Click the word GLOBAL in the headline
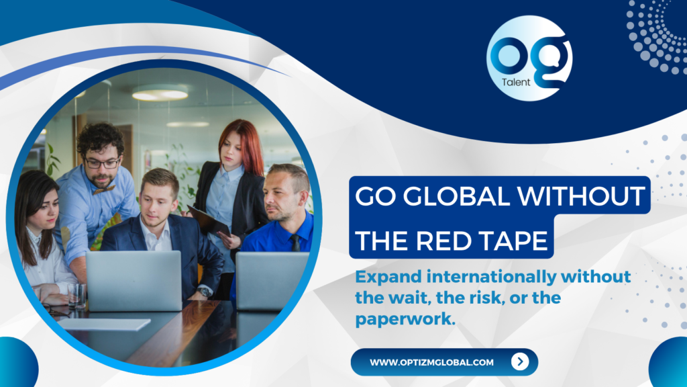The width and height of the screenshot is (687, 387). (x=456, y=196)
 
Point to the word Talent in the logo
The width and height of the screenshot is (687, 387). (x=516, y=82)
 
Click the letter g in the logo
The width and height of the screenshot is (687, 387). (x=553, y=61)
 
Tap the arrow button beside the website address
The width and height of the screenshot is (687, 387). (x=520, y=361)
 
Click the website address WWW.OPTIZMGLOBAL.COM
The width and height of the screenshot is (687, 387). (x=431, y=362)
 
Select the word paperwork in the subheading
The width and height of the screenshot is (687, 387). (x=405, y=319)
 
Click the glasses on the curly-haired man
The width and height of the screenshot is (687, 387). (x=102, y=163)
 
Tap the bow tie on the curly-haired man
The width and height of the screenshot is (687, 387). (x=104, y=189)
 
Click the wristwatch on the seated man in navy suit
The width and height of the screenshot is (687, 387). (x=204, y=292)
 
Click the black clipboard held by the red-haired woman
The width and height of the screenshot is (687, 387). (x=209, y=220)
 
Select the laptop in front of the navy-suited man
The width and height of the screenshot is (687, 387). (x=134, y=281)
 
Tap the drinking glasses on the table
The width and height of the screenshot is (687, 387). (x=77, y=295)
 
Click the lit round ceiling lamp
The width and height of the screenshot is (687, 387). (x=160, y=93)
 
